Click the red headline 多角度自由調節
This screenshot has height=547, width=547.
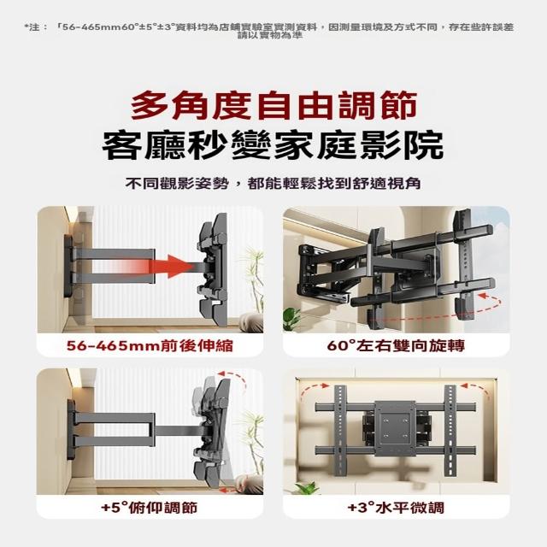click(273, 104)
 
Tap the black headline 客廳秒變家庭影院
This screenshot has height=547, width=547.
click(273, 145)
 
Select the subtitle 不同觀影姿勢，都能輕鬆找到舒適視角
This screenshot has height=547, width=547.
click(273, 184)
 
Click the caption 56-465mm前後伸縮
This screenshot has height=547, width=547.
click(150, 345)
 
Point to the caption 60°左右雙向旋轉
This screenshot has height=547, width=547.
click(396, 345)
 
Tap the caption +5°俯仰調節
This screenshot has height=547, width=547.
click(150, 508)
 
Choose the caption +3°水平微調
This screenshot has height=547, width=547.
click(396, 508)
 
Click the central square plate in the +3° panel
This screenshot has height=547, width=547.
click(395, 428)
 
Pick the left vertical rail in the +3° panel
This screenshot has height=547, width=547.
click(340, 430)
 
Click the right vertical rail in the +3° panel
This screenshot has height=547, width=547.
click(450, 430)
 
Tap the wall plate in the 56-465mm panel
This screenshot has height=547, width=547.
click(68, 267)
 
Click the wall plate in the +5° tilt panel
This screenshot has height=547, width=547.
click(71, 428)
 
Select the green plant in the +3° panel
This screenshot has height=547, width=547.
click(306, 487)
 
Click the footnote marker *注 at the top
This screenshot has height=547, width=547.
click(36, 27)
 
